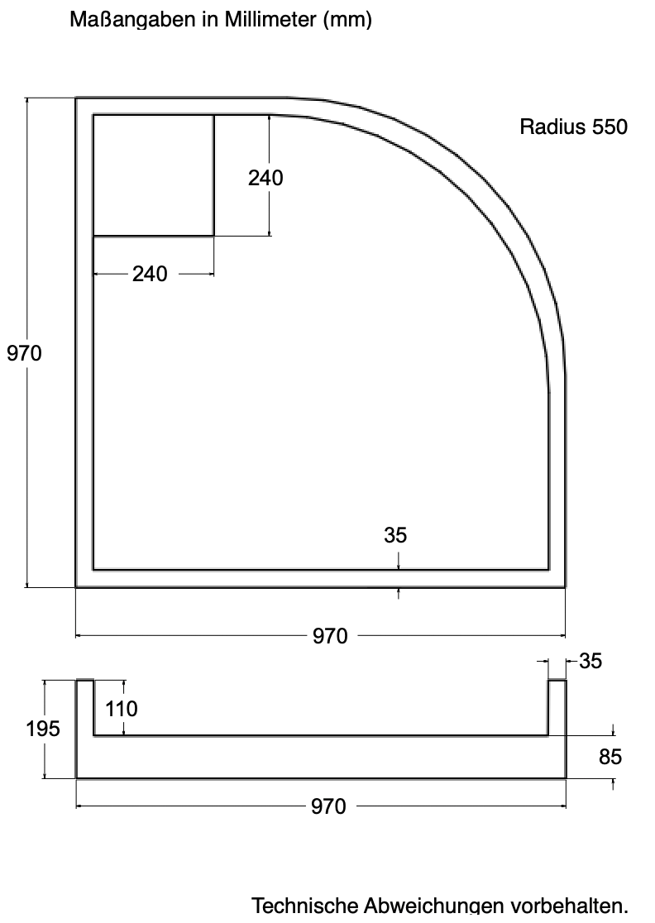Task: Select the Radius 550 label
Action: (x=573, y=127)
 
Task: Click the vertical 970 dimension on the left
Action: (x=24, y=352)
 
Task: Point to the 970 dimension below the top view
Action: (x=330, y=636)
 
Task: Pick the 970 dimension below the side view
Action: (x=328, y=806)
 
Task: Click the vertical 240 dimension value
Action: (x=265, y=177)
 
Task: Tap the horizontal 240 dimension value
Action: (x=150, y=274)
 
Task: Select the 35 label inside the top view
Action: (x=395, y=534)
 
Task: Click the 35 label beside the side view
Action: (x=590, y=661)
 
